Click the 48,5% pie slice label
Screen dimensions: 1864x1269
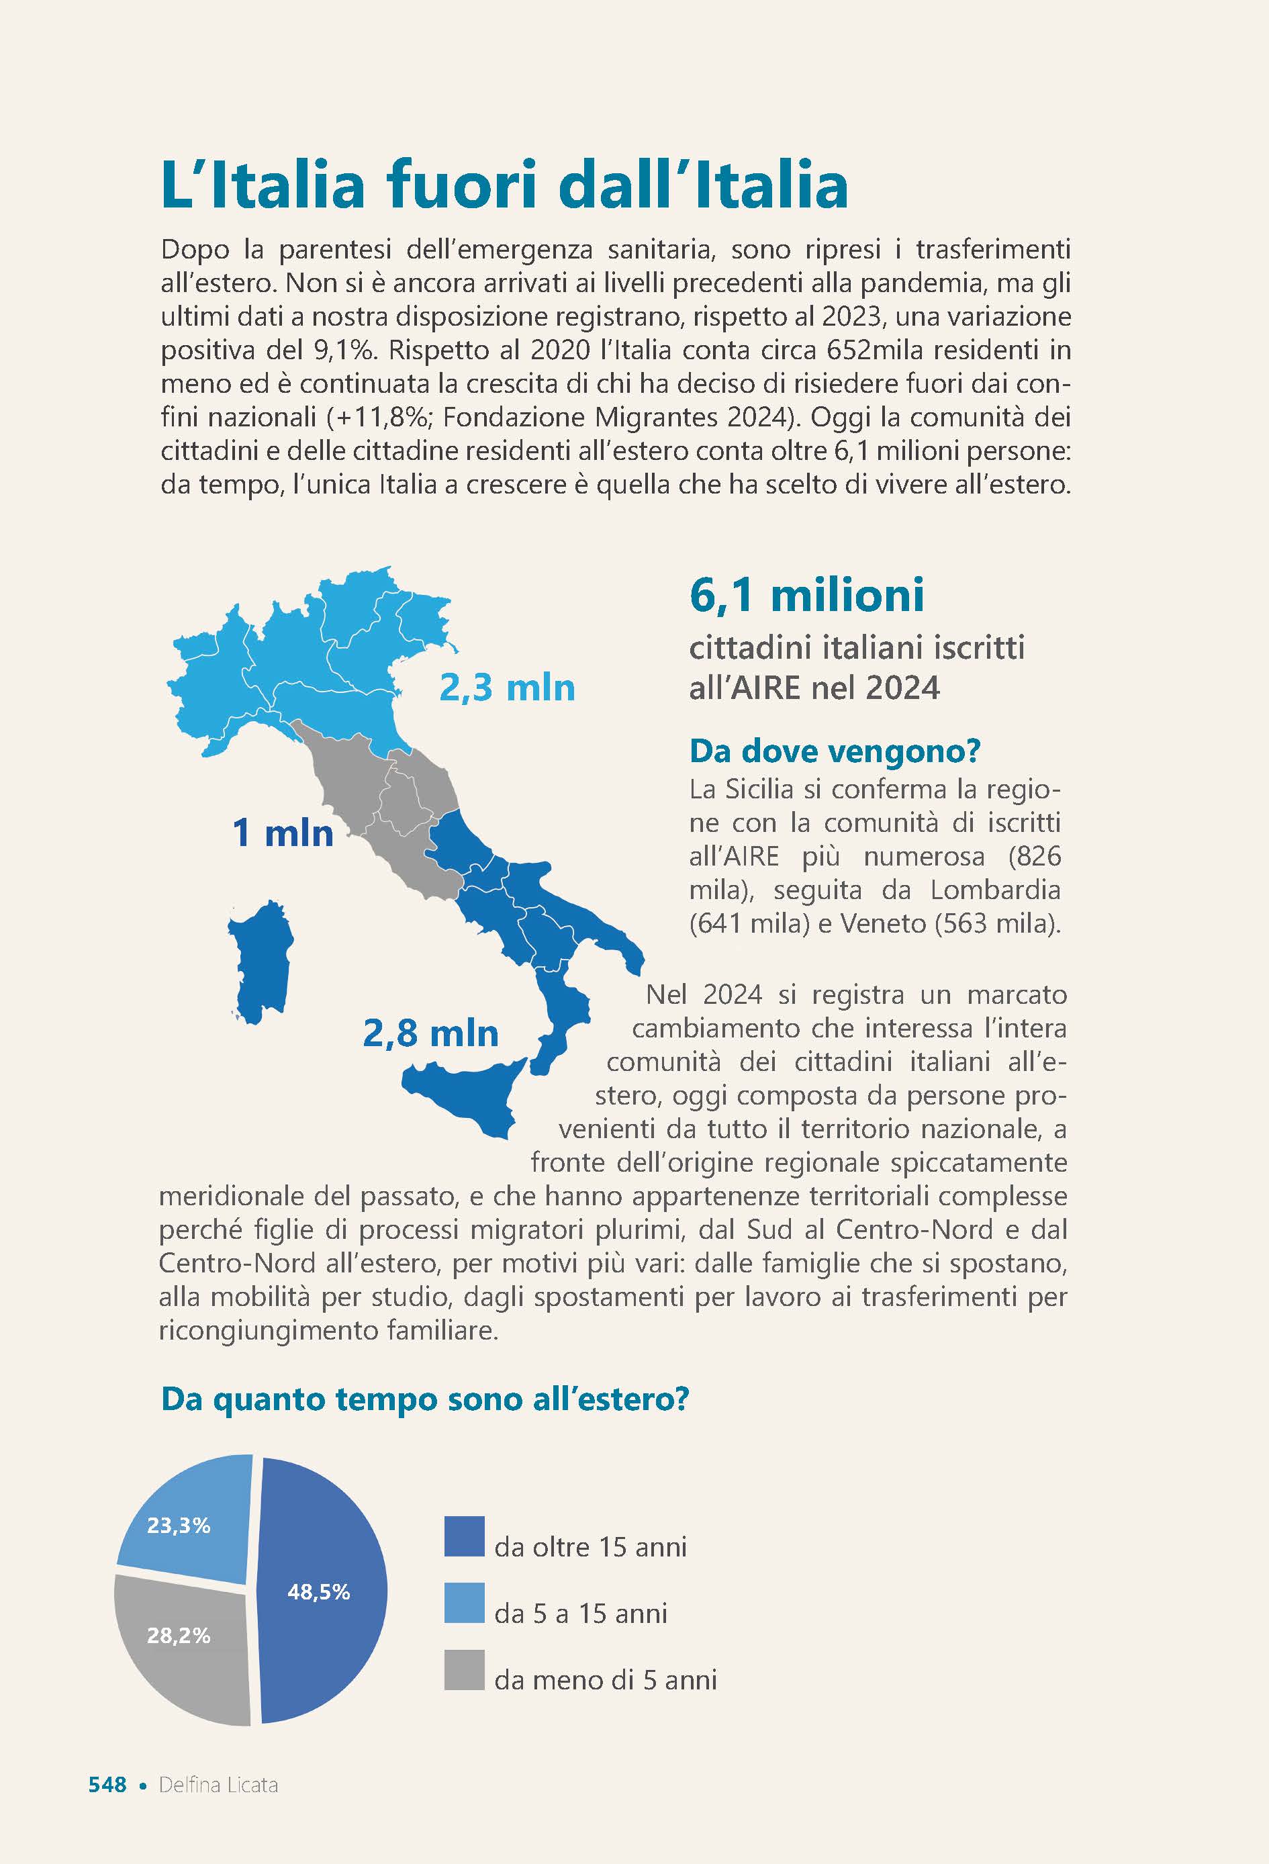[318, 1592]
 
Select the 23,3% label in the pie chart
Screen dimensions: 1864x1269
[178, 1525]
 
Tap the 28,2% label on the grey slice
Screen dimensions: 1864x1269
[178, 1636]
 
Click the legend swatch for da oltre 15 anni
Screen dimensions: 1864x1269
[465, 1536]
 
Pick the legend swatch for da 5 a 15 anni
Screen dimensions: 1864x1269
[465, 1603]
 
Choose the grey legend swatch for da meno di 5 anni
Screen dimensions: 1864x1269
[465, 1670]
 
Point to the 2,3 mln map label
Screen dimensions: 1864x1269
[507, 688]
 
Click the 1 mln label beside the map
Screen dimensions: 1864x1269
[283, 833]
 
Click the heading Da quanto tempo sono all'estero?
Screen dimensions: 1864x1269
[424, 1399]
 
